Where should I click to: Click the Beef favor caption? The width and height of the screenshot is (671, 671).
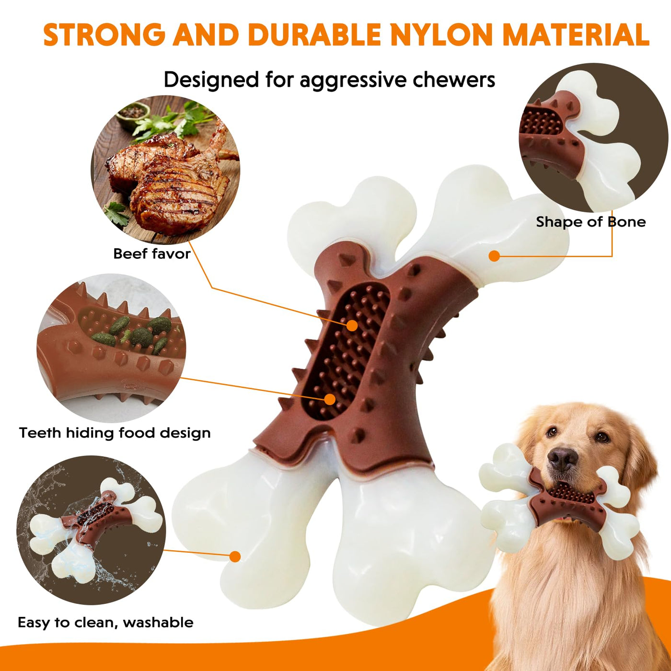pyautogui.click(x=152, y=254)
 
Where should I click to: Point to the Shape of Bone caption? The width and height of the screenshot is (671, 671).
pyautogui.click(x=590, y=222)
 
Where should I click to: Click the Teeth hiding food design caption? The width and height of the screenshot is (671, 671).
pyautogui.click(x=115, y=433)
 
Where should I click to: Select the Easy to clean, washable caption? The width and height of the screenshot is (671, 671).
pyautogui.click(x=105, y=623)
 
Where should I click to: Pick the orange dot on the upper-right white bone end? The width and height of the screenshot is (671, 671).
pyautogui.click(x=494, y=256)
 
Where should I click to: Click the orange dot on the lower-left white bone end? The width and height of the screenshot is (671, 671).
pyautogui.click(x=235, y=556)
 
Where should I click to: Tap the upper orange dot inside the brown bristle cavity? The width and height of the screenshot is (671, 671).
pyautogui.click(x=352, y=325)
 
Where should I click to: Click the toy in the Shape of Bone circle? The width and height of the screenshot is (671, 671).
pyautogui.click(x=580, y=139)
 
